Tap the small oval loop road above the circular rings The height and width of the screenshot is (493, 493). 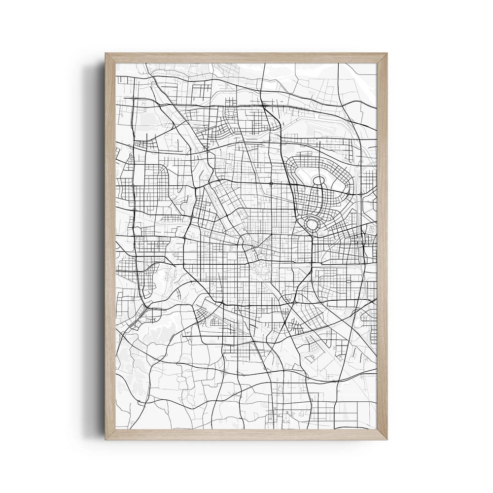tap(318, 187)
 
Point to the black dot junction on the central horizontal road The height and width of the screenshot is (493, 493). tap(271, 183)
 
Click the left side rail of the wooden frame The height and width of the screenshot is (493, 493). tap(110, 246)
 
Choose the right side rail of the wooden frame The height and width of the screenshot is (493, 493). tap(382, 246)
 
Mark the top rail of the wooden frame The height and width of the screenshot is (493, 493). tap(246, 58)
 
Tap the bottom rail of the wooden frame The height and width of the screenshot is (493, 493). tap(246, 434)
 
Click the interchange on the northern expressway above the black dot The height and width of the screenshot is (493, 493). tap(265, 105)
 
